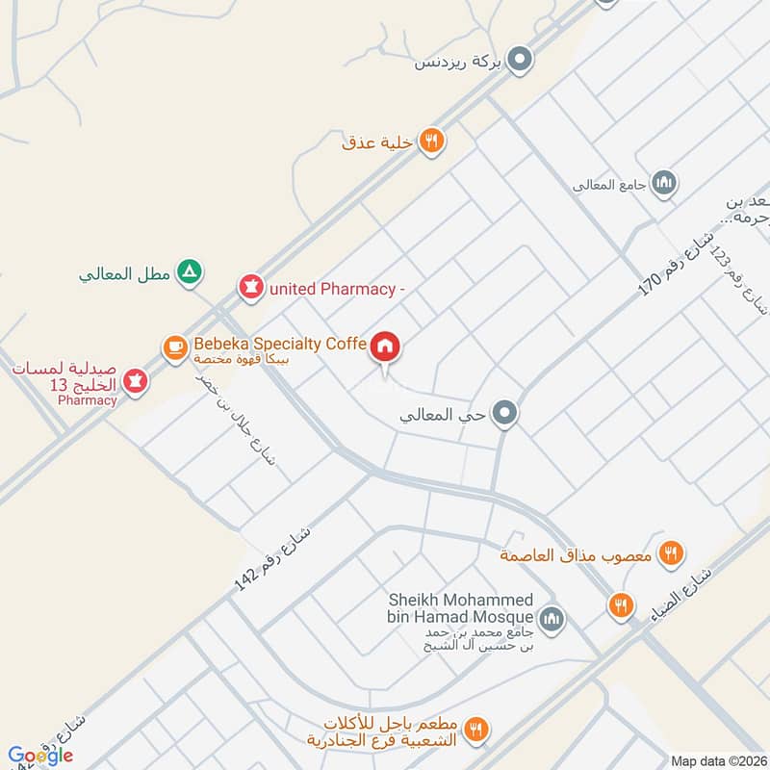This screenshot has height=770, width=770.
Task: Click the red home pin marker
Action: point(384,346)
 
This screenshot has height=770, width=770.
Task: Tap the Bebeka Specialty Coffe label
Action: point(279,344)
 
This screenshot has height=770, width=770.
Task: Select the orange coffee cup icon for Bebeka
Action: point(174,346)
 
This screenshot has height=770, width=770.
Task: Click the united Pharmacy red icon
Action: point(251,287)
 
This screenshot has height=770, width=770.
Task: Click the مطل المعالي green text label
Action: point(125,274)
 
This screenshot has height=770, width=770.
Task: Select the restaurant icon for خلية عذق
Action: point(432,141)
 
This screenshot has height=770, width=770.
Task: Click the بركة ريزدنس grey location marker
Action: point(520,61)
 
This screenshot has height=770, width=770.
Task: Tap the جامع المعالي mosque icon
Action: point(663,182)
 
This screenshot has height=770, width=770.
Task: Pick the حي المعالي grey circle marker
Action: point(504,415)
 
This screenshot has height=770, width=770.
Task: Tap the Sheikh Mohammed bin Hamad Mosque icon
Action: point(551,617)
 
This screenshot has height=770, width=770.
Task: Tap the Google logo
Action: point(40,757)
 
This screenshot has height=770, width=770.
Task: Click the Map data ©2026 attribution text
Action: point(718,761)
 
